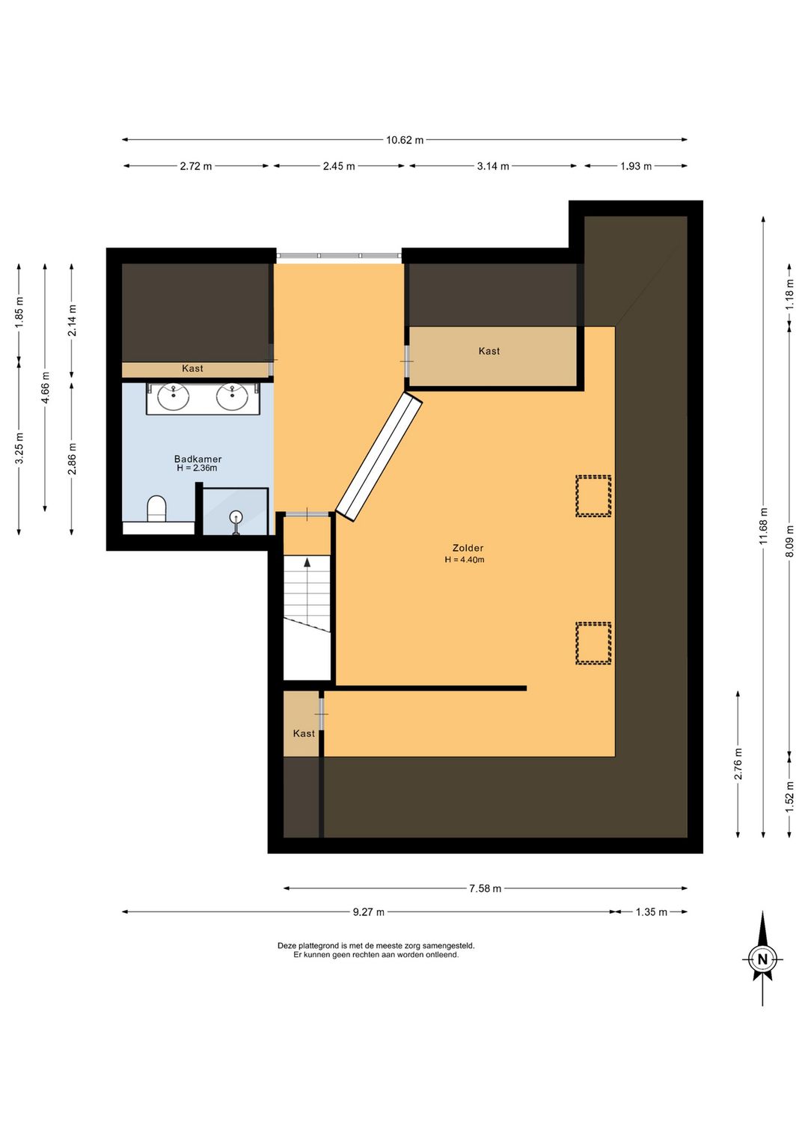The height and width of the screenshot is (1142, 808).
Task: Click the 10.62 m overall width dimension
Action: click(404, 140)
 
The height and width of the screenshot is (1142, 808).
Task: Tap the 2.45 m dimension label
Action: click(338, 166)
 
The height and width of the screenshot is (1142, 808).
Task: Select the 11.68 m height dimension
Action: click(763, 525)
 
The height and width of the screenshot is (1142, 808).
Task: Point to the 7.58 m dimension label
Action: click(485, 888)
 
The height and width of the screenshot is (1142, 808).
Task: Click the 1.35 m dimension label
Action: click(651, 912)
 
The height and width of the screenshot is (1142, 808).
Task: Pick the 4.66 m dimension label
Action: click(46, 388)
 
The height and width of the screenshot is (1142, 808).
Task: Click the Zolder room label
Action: click(468, 548)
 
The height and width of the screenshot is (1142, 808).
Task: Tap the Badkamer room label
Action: click(198, 459)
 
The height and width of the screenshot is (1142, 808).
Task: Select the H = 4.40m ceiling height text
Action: click(465, 559)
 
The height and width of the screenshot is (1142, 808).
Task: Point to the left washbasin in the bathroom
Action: click(174, 397)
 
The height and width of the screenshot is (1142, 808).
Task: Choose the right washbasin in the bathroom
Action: click(233, 397)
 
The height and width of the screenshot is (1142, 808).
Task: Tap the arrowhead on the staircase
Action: click(307, 562)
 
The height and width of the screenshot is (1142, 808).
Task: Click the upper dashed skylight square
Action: click(593, 495)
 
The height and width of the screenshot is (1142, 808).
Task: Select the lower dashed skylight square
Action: click(593, 643)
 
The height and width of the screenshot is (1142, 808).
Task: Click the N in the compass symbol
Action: click(762, 959)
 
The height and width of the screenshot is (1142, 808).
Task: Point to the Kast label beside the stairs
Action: click(304, 733)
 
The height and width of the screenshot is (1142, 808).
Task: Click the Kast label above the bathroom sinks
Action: click(192, 368)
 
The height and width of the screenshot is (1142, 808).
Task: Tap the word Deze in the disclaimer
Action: click(287, 946)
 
